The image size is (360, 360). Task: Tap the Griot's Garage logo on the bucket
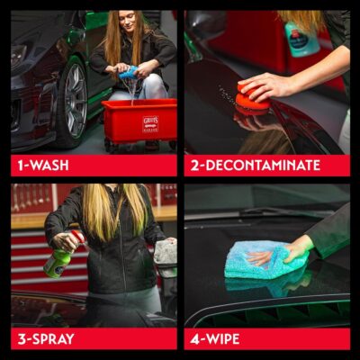(149, 124)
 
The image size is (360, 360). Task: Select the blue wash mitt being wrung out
(130, 71)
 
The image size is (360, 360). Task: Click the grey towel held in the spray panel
(166, 252)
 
